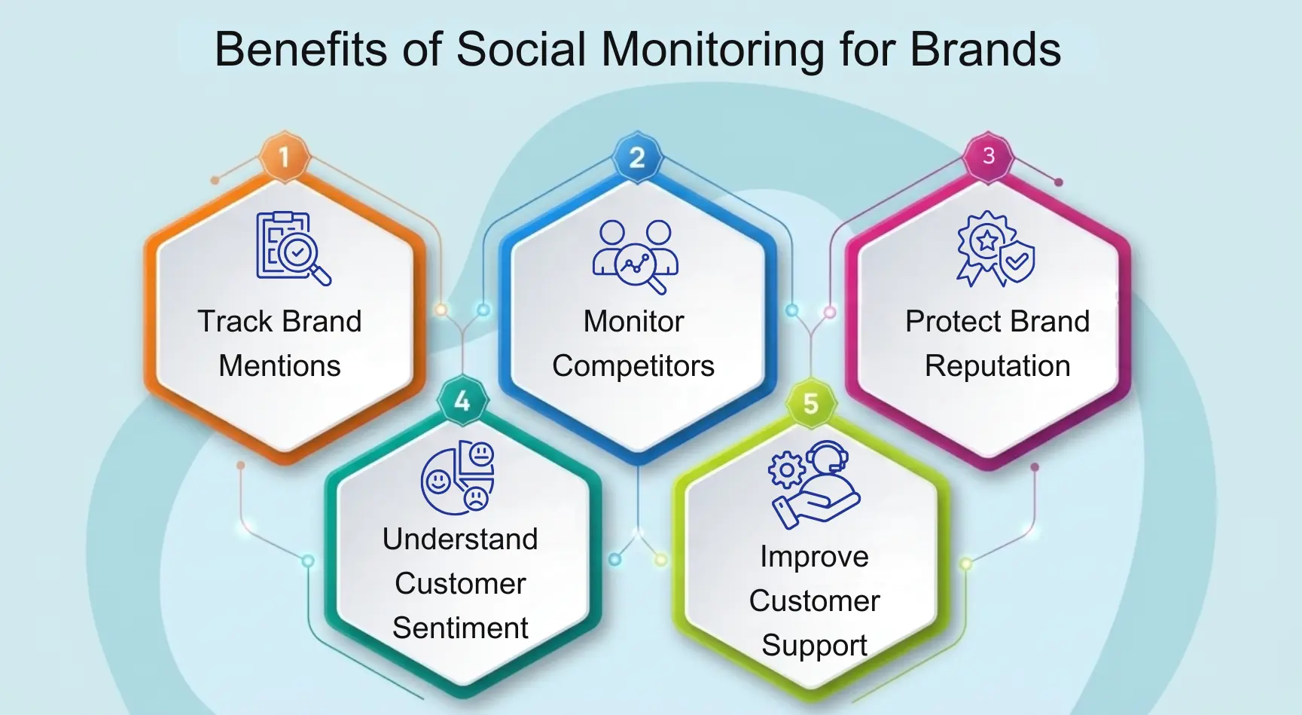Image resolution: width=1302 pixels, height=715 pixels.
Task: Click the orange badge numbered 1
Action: click(x=284, y=157)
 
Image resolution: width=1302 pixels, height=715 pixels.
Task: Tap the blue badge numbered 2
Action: click(x=636, y=157)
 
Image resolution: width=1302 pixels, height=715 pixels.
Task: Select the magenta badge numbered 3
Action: click(x=989, y=156)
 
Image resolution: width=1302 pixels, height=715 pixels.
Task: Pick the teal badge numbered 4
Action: click(x=462, y=401)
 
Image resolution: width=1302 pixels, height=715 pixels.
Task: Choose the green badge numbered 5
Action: click(x=810, y=403)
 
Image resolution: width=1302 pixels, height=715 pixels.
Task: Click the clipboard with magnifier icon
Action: click(x=292, y=248)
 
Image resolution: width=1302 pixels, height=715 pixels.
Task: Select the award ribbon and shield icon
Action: click(x=995, y=249)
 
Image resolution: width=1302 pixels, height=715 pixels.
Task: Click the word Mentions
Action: click(x=279, y=366)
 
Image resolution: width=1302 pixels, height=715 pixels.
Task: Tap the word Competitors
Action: click(x=633, y=366)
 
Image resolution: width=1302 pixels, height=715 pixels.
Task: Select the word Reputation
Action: click(x=997, y=366)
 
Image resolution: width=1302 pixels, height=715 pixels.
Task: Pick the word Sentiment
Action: click(x=460, y=628)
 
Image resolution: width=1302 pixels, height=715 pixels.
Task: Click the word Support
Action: click(x=814, y=646)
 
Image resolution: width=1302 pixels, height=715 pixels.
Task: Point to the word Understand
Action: click(x=460, y=539)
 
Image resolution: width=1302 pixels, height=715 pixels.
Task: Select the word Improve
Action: click(x=814, y=557)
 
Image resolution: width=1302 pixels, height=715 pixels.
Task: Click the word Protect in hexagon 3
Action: click(x=950, y=322)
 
